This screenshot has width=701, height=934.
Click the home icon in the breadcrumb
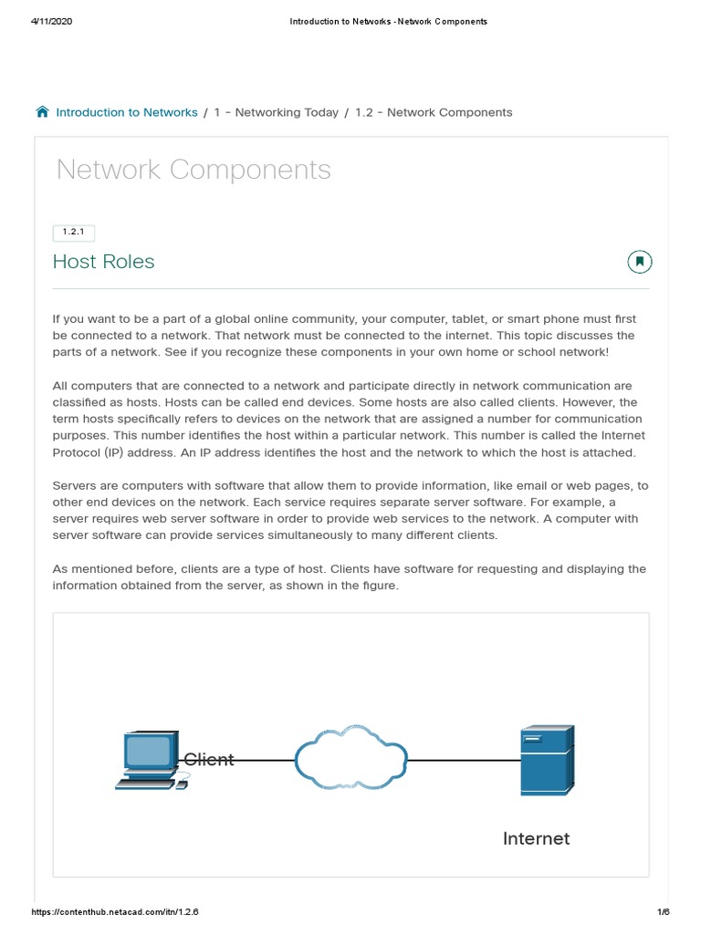(x=42, y=112)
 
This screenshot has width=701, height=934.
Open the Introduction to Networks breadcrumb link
(x=127, y=112)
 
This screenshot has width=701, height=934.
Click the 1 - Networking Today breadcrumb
(x=276, y=112)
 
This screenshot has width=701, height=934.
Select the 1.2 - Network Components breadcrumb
(x=434, y=112)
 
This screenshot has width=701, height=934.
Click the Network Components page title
(x=194, y=170)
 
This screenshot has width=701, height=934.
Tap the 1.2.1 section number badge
(x=75, y=233)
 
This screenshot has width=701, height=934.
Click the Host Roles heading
(x=104, y=262)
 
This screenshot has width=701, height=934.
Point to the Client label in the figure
(x=209, y=760)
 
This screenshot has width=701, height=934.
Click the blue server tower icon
(x=546, y=759)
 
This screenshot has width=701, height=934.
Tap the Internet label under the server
(x=536, y=838)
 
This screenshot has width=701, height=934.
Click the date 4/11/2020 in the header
(x=51, y=22)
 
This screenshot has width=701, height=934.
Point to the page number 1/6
(x=663, y=912)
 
